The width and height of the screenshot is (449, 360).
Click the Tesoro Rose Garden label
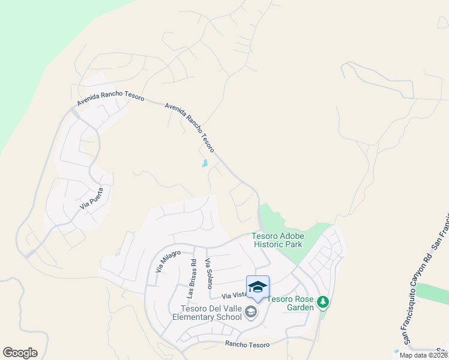291,303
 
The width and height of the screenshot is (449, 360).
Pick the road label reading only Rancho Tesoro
249,344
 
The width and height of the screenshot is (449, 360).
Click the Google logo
20,353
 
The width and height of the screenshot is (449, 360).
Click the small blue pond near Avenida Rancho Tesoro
205,163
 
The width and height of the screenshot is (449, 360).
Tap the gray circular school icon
251,311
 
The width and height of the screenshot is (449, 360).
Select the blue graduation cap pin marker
258,287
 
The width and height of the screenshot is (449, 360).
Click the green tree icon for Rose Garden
323,302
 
